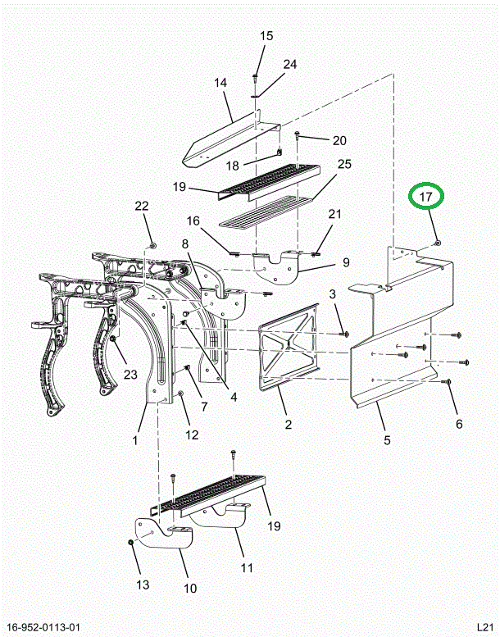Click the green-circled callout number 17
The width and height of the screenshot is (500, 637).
pos(426,198)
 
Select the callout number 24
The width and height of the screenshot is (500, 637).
pos(290,65)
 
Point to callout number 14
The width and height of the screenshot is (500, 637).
pos(220,83)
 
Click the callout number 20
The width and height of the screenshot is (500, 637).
pos(339,140)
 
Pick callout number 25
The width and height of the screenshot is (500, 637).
pos(344,165)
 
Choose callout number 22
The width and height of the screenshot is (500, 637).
pos(142,206)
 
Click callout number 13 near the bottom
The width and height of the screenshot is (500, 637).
pos(142,585)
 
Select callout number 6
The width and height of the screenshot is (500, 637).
pos(459,424)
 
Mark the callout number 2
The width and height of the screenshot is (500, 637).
pos(289,424)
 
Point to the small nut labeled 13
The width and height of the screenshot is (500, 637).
pos(130,543)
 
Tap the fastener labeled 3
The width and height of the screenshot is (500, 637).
pos(344,334)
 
